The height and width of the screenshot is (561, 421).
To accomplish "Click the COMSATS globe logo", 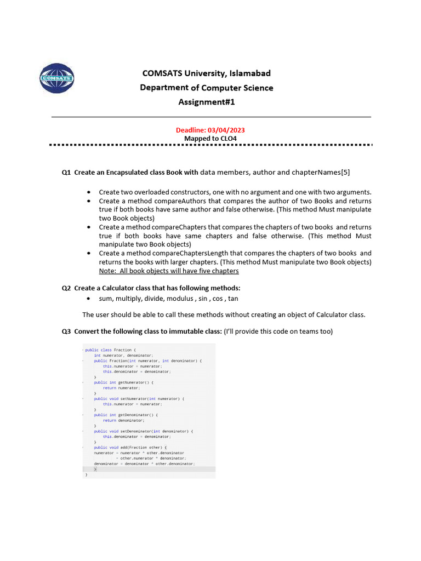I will (x=57, y=79).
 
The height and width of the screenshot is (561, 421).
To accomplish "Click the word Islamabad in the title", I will (x=249, y=73).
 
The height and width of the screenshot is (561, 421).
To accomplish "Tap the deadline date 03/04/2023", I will (x=226, y=130).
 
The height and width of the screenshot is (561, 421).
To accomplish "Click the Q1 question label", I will (x=66, y=173).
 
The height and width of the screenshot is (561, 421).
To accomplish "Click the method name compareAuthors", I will (x=158, y=201).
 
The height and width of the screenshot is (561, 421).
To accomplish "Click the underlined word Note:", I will (x=107, y=271).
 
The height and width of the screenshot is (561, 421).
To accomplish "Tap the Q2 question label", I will (x=66, y=288).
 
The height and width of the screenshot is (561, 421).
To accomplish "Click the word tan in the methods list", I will (x=233, y=299).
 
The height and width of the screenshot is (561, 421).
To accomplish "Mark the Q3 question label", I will (x=66, y=331).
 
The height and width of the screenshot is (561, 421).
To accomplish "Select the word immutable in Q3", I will (x=183, y=331).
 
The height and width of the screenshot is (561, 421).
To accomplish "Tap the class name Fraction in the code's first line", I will (x=123, y=350).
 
